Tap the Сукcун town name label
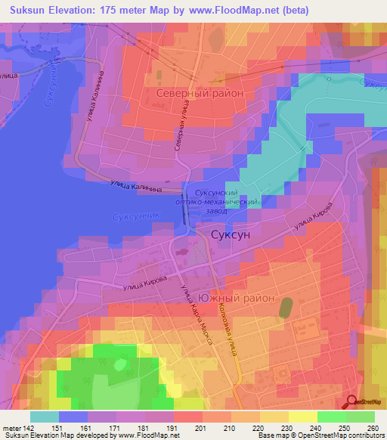[x=230, y=234]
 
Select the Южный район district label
[x=237, y=297]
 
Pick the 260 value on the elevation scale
[x=373, y=427]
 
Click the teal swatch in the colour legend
[x=45, y=416]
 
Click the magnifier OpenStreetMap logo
[x=353, y=403]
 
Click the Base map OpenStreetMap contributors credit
[x=320, y=435]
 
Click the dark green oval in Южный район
[x=286, y=307]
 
